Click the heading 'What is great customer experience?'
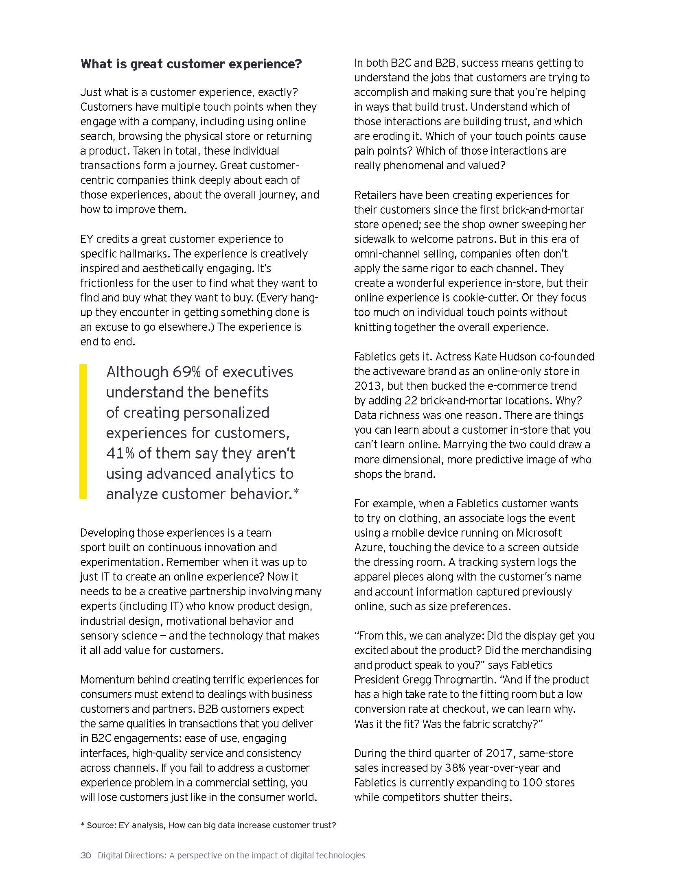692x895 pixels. [x=191, y=64]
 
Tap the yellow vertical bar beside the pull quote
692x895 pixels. [x=83, y=431]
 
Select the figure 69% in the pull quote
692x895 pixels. [x=186, y=372]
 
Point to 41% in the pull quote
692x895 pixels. [x=120, y=453]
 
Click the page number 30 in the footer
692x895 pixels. [x=85, y=855]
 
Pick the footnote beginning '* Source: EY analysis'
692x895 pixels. [x=208, y=825]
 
